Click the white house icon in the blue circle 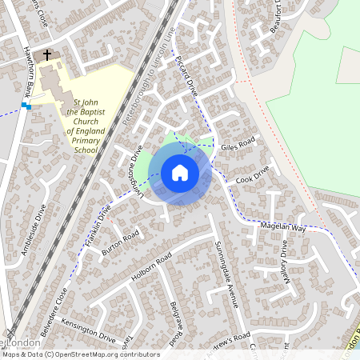[x=180, y=173]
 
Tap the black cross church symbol [x=47, y=55]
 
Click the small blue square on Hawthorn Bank [x=26, y=106]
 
